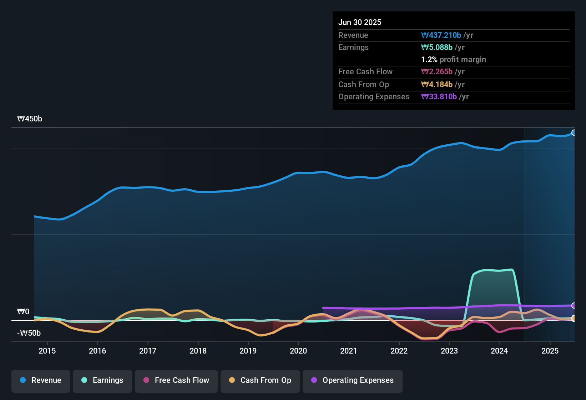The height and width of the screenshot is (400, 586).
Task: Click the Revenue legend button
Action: click(41, 380)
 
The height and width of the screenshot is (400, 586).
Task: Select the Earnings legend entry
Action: click(102, 380)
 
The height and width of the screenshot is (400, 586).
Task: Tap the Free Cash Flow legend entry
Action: click(176, 380)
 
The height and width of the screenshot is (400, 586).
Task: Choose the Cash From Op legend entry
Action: click(260, 380)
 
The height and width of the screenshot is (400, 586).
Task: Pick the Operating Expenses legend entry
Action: click(352, 380)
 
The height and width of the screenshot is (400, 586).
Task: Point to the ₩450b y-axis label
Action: click(30, 119)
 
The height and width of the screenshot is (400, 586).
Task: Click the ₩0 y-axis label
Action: click(23, 312)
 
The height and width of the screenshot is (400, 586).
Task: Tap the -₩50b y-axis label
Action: click(29, 333)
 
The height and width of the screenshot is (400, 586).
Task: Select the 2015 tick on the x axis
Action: click(47, 351)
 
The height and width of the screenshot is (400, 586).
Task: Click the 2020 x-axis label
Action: click(298, 351)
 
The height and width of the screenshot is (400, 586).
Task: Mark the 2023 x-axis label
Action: click(449, 351)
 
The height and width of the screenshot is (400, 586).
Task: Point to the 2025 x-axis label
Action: click(550, 351)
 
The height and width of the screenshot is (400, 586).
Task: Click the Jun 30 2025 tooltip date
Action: click(360, 22)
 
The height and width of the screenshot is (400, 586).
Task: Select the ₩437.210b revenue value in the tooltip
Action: click(441, 35)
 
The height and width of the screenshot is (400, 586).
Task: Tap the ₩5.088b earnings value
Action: click(437, 47)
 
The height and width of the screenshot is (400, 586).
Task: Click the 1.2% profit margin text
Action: click(454, 60)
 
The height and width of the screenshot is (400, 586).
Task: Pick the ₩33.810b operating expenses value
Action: click(439, 97)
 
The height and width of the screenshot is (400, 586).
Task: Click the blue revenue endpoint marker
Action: click(574, 133)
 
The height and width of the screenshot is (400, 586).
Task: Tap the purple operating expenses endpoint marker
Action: click(574, 306)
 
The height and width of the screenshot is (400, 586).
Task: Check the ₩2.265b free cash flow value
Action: click(437, 72)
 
